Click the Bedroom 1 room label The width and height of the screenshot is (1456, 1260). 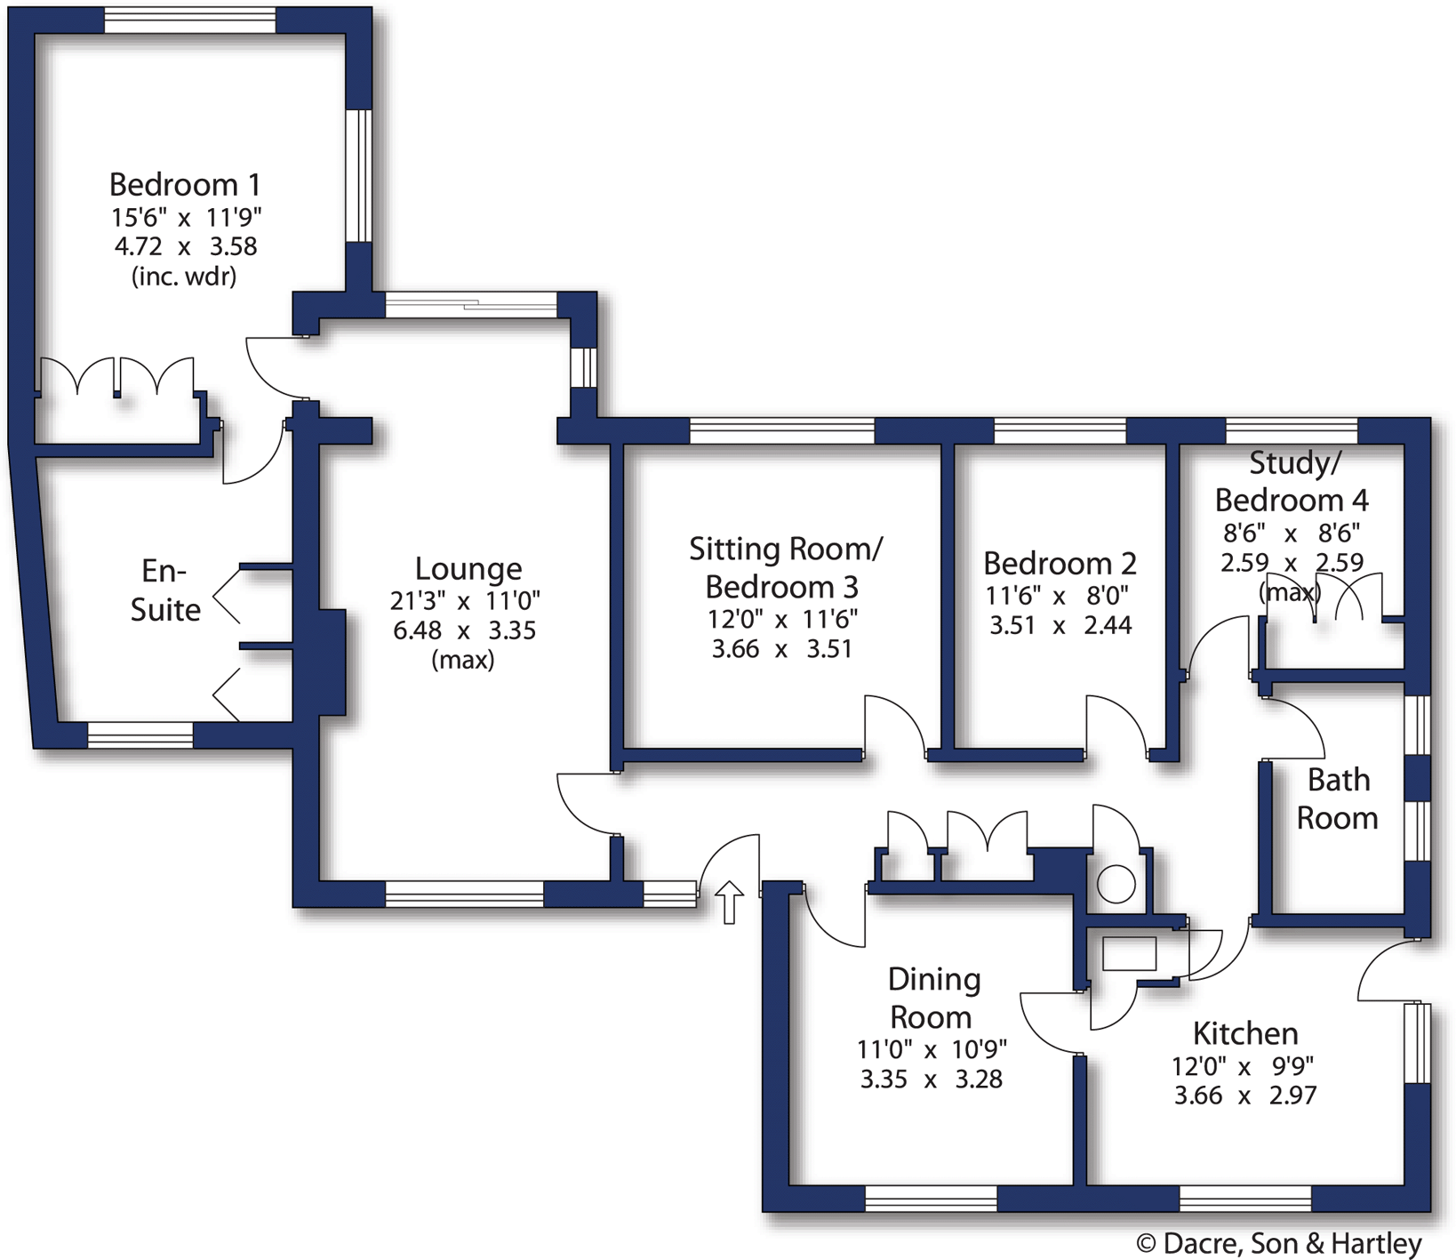[x=185, y=185]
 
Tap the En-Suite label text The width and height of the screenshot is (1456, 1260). [x=165, y=590]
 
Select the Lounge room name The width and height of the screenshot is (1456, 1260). [x=468, y=569]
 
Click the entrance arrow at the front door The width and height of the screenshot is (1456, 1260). [x=729, y=902]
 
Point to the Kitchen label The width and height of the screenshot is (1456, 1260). [x=1245, y=1033]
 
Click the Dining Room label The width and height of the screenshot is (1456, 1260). [x=932, y=998]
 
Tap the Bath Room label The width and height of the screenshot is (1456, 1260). [x=1338, y=799]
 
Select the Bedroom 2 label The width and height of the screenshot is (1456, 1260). [x=1060, y=564]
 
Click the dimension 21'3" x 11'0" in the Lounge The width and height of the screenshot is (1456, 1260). [x=465, y=601]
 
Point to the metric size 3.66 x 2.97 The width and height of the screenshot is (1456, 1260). [x=1244, y=1095]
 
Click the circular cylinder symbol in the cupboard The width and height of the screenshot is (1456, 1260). [x=1116, y=884]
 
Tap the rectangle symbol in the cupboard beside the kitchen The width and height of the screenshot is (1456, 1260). [x=1129, y=954]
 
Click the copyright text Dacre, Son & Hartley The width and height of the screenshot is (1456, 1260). [x=1279, y=1243]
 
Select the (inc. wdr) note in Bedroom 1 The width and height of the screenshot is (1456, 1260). [x=184, y=277]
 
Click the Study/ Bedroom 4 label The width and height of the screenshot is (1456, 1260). [x=1292, y=481]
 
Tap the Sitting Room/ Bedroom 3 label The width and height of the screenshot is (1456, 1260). [x=785, y=567]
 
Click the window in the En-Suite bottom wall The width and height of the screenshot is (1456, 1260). [x=140, y=734]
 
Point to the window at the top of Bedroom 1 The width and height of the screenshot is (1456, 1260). [x=189, y=20]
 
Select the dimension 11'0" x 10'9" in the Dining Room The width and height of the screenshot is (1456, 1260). [x=932, y=1049]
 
